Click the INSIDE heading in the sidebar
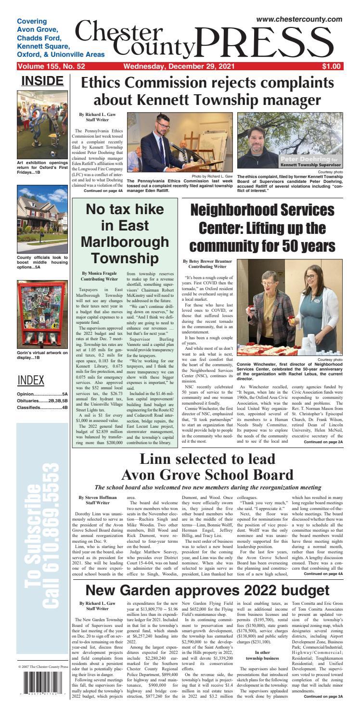pyautogui.click(x=42, y=81)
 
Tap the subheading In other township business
pyautogui.click(x=262, y=655)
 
